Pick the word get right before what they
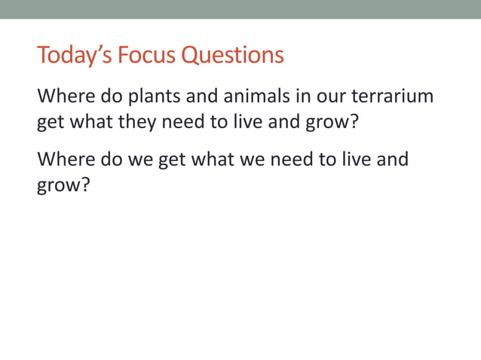pos(51,121)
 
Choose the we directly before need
pos(251,160)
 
